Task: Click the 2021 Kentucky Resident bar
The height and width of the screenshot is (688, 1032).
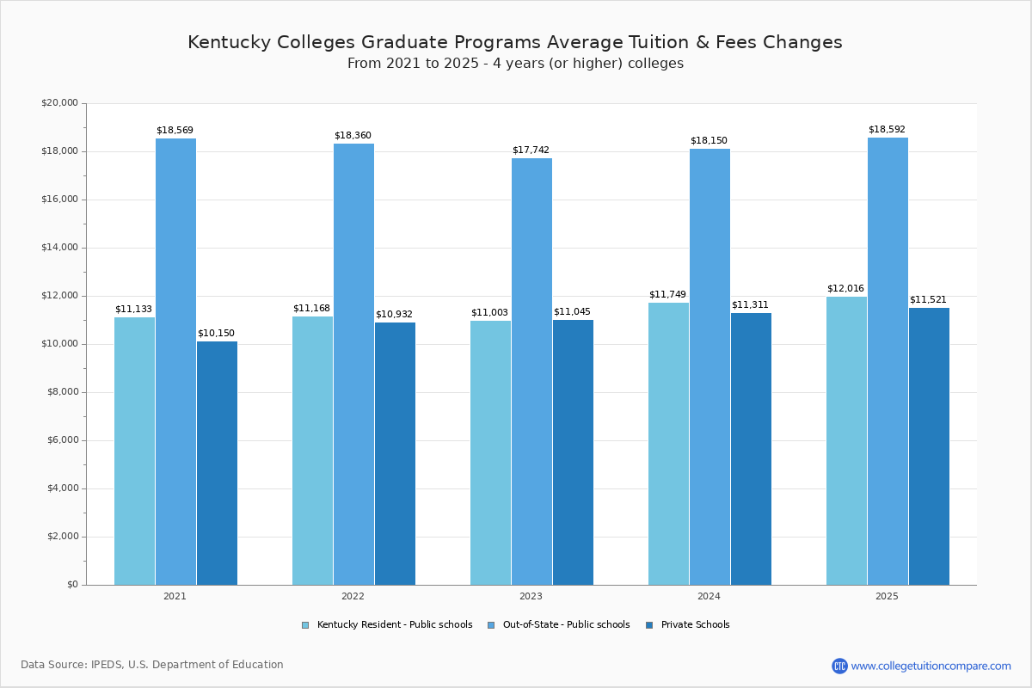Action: (134, 451)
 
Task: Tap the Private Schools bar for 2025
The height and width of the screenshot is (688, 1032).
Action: (929, 446)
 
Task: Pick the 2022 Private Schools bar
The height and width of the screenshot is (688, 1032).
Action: (395, 454)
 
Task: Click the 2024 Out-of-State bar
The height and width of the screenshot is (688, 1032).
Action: (709, 367)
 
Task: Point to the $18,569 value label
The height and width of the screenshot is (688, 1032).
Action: (175, 131)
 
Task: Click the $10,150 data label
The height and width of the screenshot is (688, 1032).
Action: (216, 334)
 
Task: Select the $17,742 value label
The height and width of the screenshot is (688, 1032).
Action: (531, 150)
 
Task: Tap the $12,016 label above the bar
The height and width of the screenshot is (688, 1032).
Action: (845, 289)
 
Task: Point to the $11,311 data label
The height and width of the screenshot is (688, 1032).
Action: (750, 305)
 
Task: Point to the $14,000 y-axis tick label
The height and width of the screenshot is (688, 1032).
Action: (59, 248)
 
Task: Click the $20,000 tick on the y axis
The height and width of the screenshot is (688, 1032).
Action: (59, 103)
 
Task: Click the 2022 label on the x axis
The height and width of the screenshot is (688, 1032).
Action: (353, 596)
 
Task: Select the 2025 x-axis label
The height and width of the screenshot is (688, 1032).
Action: (887, 596)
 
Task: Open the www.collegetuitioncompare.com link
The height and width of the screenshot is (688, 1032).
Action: (931, 666)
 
